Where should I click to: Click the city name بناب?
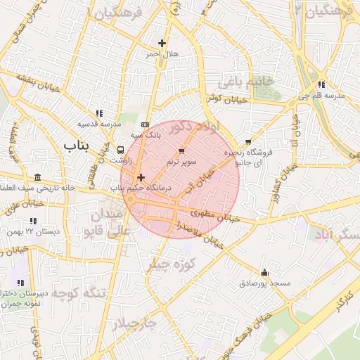[x=79, y=145]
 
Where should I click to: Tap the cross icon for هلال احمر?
[x=162, y=44]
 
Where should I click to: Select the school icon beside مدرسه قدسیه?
[x=99, y=112]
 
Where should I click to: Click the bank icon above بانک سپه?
[x=146, y=124]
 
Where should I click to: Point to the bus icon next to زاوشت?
[x=121, y=150]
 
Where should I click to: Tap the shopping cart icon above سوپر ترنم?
[x=182, y=150]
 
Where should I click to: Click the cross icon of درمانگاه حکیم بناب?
[x=141, y=178]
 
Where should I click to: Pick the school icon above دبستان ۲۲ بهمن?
[x=30, y=220]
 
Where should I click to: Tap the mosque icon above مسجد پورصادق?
[x=264, y=272]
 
